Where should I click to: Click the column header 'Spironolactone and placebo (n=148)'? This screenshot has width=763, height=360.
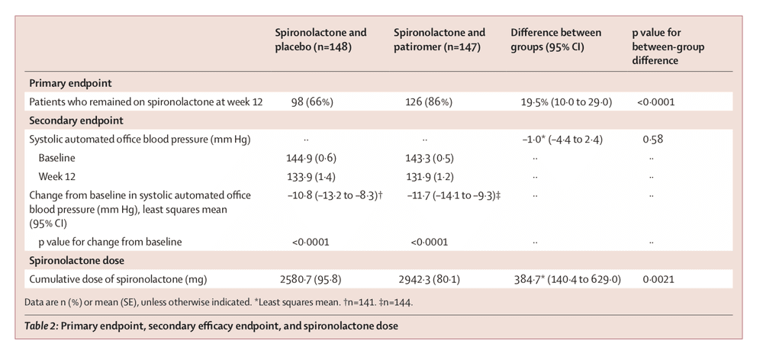[320, 40]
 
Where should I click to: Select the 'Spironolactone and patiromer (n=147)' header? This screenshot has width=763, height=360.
[439, 40]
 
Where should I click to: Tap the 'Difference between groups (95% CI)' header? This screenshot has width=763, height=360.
[555, 40]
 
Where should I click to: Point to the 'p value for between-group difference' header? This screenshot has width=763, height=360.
[668, 47]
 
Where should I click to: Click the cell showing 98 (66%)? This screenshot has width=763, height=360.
[312, 101]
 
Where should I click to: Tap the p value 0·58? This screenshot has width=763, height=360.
[653, 139]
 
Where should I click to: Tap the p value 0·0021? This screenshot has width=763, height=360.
[658, 280]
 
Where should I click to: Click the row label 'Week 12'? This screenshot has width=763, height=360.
[57, 176]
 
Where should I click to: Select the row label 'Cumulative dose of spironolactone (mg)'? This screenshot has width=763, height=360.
[118, 280]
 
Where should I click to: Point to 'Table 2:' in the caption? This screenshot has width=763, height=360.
[46, 326]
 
